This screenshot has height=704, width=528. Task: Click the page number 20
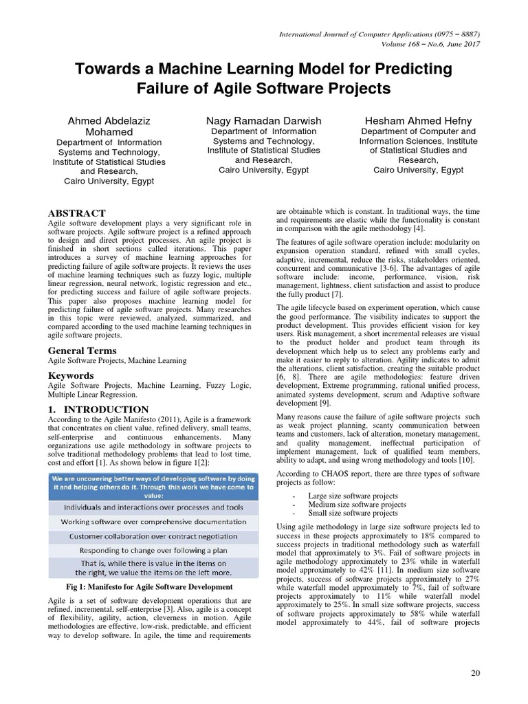point(474,672)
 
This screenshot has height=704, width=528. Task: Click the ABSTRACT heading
point(76,213)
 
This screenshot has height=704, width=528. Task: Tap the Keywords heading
point(71,375)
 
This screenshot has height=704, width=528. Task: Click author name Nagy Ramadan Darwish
point(263,121)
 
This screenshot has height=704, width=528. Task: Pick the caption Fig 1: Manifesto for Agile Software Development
point(152,586)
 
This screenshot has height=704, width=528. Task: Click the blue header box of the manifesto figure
point(152,485)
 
